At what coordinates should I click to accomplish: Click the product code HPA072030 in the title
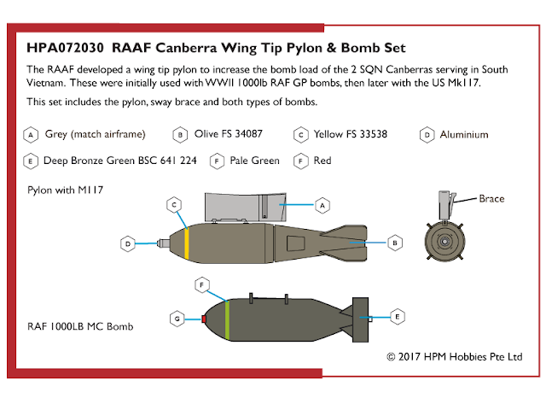pyautogui.click(x=65, y=47)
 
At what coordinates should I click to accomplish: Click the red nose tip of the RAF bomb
pyautogui.click(x=204, y=319)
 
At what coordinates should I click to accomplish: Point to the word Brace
pyautogui.click(x=491, y=199)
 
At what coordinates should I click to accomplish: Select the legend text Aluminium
pyautogui.click(x=464, y=134)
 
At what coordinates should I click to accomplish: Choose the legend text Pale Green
pyautogui.click(x=254, y=160)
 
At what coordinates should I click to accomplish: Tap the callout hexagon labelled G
pyautogui.click(x=177, y=319)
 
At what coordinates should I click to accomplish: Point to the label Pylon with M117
pyautogui.click(x=66, y=190)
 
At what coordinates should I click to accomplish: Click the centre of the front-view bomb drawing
pyautogui.click(x=445, y=242)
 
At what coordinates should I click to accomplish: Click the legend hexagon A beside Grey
pyautogui.click(x=31, y=134)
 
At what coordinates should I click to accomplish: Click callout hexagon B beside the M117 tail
pyautogui.click(x=396, y=243)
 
